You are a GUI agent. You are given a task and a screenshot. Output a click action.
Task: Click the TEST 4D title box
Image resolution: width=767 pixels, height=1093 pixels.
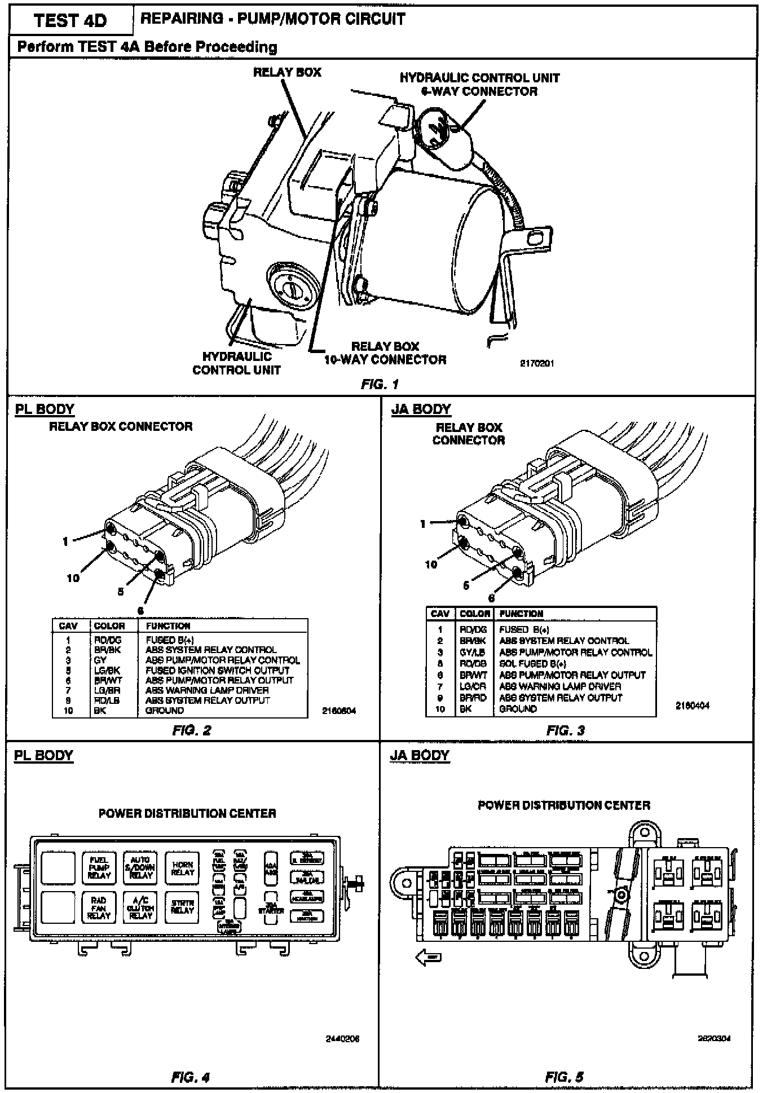point(70,21)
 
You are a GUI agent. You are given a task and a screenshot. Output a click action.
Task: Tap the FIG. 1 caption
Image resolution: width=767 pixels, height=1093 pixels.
point(380,384)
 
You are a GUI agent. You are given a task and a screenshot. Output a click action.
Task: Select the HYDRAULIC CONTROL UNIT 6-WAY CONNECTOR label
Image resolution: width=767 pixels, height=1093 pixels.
point(479,85)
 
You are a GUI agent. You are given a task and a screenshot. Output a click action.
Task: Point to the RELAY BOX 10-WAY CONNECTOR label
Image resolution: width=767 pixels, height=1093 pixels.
point(385,353)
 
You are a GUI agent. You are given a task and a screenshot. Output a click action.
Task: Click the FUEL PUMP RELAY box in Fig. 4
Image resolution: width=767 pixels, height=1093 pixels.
point(99,868)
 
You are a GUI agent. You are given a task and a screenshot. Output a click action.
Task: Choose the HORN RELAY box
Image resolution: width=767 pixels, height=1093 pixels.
point(182,868)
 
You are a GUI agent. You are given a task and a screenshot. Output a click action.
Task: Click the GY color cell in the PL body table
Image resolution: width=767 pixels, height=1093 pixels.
point(100,660)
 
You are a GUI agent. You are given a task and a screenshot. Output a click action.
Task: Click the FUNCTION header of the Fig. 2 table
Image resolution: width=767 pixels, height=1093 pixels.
point(168,626)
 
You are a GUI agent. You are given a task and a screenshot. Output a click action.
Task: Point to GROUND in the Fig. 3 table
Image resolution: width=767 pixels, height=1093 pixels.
point(518,709)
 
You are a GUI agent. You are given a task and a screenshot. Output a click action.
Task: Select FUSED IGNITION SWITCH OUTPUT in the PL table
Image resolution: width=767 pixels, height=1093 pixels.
point(218,670)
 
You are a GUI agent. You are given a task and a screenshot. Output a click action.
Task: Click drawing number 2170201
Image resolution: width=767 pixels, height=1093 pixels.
point(536,364)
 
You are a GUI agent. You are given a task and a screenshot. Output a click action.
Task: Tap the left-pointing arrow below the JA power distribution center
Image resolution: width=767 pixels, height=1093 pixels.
point(428,957)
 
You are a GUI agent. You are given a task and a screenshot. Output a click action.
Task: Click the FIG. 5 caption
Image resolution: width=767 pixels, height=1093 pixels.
point(565,1077)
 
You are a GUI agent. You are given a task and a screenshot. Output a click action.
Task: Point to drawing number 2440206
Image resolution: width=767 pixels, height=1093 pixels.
point(342,1039)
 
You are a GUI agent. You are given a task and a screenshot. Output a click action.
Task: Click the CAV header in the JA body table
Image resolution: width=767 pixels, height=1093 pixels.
point(440,614)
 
